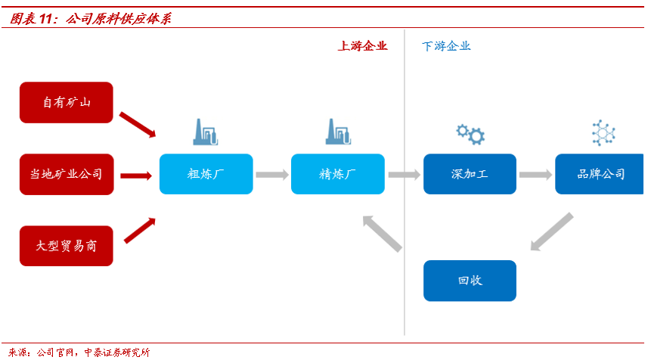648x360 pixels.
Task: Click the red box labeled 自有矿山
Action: tap(67, 102)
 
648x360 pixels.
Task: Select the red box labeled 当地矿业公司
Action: tap(67, 175)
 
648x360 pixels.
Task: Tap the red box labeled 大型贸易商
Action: tap(67, 246)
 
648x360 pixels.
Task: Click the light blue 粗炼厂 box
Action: tap(206, 174)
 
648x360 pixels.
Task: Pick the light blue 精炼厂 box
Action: tap(338, 174)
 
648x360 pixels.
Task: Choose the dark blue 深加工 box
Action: tap(470, 174)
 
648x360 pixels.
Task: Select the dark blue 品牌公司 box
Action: tap(601, 174)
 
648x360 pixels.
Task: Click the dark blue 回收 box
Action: tap(470, 281)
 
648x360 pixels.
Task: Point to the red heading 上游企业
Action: tap(362, 46)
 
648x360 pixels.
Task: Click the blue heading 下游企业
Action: tap(446, 46)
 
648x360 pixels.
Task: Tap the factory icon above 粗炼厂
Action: tap(206, 132)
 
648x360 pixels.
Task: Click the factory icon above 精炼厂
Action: tap(338, 132)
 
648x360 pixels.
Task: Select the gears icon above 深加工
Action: tap(470, 134)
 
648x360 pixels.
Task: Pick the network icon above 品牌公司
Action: tap(603, 133)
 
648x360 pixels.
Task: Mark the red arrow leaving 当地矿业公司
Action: tap(136, 175)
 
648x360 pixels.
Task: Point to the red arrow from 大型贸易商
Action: tap(139, 231)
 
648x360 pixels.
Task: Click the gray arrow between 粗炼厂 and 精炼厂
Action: tap(272, 175)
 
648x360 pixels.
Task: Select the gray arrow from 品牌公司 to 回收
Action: tap(551, 231)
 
